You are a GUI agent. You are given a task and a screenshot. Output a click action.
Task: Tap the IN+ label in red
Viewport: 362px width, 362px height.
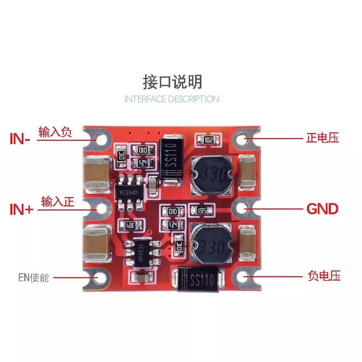(x=21, y=210)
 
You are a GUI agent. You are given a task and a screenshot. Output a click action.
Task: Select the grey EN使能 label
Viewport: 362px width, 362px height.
(x=34, y=278)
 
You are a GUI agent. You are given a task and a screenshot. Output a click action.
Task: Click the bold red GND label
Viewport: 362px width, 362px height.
(x=322, y=209)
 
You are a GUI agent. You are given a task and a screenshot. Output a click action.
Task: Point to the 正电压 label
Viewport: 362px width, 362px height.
(x=322, y=138)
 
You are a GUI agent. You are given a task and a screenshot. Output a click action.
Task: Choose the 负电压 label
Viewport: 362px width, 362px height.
(x=324, y=276)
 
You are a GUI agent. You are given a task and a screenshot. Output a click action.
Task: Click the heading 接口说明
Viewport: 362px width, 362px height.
(x=172, y=82)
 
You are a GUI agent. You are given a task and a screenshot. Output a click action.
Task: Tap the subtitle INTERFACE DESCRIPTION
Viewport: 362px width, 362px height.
(x=172, y=99)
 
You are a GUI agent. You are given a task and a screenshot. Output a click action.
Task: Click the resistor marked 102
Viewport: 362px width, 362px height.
(x=208, y=140)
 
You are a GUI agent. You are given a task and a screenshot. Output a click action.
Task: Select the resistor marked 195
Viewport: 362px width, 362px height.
(x=202, y=210)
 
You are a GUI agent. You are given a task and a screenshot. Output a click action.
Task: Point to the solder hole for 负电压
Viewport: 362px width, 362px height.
(x=243, y=277)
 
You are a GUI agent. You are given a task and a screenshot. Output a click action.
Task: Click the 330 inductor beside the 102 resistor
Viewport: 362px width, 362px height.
(x=211, y=175)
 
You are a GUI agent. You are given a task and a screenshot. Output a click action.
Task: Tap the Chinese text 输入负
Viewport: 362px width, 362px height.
(x=55, y=132)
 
